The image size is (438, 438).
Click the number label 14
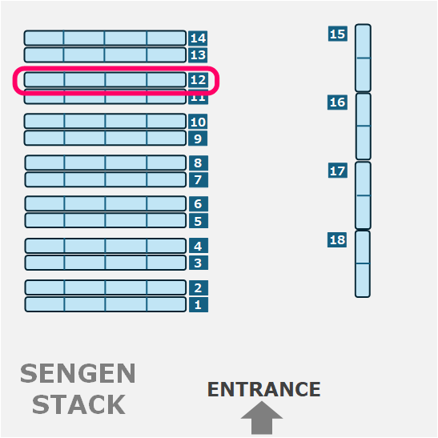(x=198, y=38)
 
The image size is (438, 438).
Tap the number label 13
(x=198, y=54)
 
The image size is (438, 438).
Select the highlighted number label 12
(x=198, y=80)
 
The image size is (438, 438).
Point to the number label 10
(x=198, y=122)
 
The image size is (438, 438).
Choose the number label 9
(x=198, y=139)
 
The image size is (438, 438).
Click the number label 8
(x=199, y=163)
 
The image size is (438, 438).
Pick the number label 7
(x=199, y=179)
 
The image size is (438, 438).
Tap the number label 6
(x=199, y=204)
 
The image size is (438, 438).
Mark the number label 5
(x=199, y=221)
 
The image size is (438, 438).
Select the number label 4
(x=199, y=246)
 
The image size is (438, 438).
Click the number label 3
(x=199, y=263)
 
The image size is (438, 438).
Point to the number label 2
(x=199, y=287)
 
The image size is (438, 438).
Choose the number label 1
(x=199, y=304)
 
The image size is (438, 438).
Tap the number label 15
(x=338, y=34)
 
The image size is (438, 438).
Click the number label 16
(x=337, y=102)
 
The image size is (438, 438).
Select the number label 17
(x=338, y=171)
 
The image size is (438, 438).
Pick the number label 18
(x=337, y=239)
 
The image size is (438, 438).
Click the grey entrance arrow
(x=262, y=418)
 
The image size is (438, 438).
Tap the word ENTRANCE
(x=264, y=389)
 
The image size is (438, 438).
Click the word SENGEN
(x=78, y=373)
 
